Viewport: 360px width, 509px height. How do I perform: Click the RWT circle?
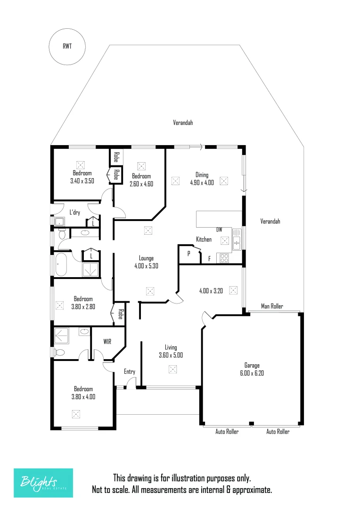point(67,46)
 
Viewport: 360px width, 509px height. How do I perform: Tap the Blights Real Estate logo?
point(43,483)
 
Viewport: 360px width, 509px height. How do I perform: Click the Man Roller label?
point(272,306)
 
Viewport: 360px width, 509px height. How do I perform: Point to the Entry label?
point(130,371)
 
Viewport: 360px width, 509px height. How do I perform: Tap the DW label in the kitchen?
point(219,230)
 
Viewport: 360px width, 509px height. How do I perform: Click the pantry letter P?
point(188,254)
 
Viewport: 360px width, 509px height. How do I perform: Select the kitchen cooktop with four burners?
point(224,258)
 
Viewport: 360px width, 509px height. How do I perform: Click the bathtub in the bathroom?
point(61,265)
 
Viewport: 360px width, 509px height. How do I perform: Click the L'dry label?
point(74,213)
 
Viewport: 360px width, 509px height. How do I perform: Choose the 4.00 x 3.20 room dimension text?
point(211,291)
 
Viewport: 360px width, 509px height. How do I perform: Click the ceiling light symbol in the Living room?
point(173,369)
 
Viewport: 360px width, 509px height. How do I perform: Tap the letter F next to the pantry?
point(209,258)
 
